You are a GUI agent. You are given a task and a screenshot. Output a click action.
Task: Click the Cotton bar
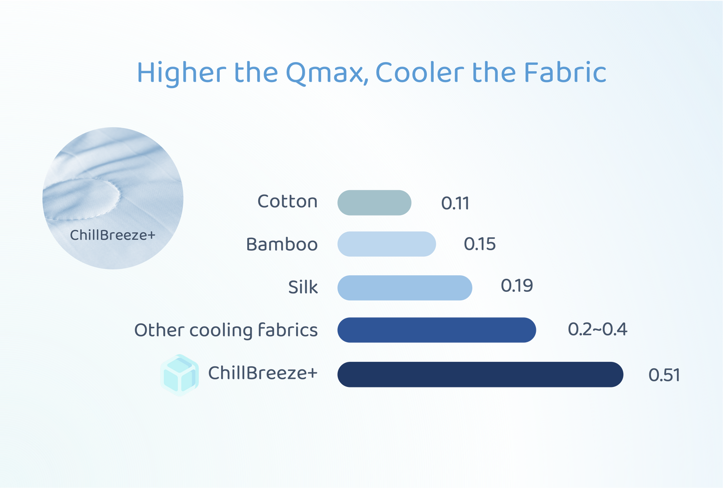click(374, 203)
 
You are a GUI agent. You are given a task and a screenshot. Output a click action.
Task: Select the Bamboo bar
click(387, 244)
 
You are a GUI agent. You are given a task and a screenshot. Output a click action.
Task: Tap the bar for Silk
click(405, 288)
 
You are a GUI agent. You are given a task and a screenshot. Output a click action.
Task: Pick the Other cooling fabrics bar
click(437, 330)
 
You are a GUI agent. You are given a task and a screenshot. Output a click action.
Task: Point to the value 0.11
click(455, 203)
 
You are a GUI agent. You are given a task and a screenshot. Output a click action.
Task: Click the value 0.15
click(479, 244)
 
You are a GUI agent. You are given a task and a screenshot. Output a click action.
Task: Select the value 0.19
click(516, 286)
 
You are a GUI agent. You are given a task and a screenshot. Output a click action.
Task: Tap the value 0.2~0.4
click(597, 329)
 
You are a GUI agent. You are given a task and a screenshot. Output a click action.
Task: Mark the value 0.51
click(664, 375)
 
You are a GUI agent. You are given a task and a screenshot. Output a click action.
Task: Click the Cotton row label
click(287, 201)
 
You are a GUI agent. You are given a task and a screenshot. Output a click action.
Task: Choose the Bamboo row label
click(282, 244)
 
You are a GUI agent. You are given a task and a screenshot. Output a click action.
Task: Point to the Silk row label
click(303, 287)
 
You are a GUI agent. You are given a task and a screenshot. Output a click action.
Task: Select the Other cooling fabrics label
click(226, 330)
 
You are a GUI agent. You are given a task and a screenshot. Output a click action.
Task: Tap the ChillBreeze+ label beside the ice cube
click(263, 373)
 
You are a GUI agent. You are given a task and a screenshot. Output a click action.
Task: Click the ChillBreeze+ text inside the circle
click(113, 235)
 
